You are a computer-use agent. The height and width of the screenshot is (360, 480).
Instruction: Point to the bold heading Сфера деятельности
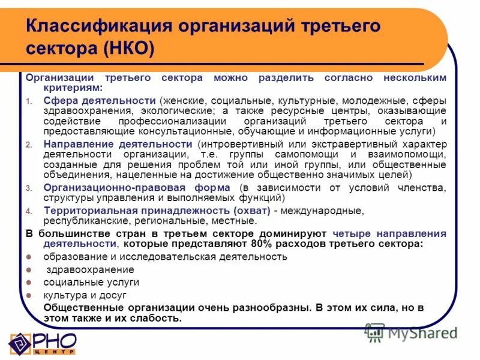coord(99,100)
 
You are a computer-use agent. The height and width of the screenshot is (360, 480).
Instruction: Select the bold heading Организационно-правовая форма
coord(132,188)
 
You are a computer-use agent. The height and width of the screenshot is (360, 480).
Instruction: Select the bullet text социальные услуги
coord(91,282)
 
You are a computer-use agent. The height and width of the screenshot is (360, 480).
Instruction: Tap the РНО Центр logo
coord(42,343)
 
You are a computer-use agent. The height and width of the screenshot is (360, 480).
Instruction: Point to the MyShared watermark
coord(412,332)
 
